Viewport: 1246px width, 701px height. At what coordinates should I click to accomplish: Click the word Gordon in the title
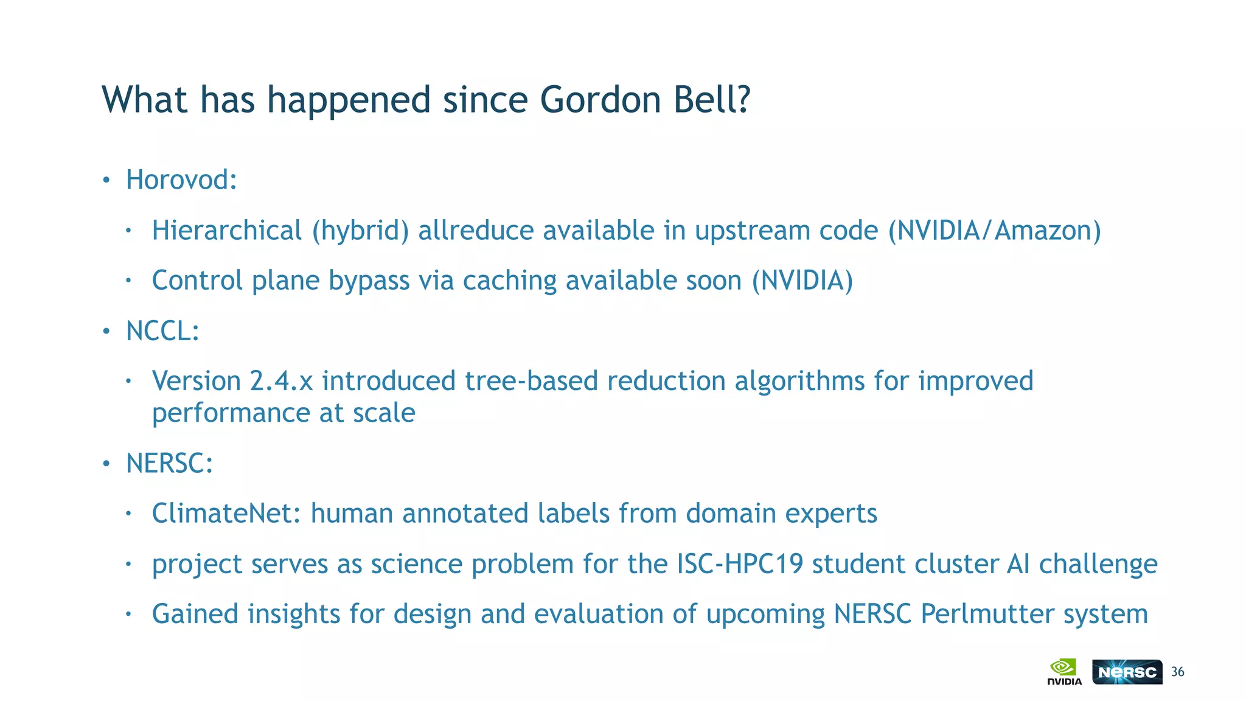600,100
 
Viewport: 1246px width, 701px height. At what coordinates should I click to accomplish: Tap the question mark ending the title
743,100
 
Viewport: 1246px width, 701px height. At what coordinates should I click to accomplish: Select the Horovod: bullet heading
181,180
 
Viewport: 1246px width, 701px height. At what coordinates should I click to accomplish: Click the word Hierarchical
227,231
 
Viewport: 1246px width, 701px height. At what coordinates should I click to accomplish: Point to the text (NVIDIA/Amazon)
995,231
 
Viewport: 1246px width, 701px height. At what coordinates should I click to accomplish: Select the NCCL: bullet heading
162,332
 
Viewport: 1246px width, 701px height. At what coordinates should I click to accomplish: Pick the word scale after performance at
384,414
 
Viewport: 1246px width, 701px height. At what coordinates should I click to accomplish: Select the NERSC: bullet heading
169,464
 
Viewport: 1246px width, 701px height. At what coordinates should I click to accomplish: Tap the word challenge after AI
1098,564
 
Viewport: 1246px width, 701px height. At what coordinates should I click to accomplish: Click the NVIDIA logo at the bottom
1064,672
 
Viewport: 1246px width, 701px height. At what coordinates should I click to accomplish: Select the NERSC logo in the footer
1127,672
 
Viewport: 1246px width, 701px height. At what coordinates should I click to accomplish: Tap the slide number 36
1178,672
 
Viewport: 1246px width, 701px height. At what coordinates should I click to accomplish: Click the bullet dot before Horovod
106,181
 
